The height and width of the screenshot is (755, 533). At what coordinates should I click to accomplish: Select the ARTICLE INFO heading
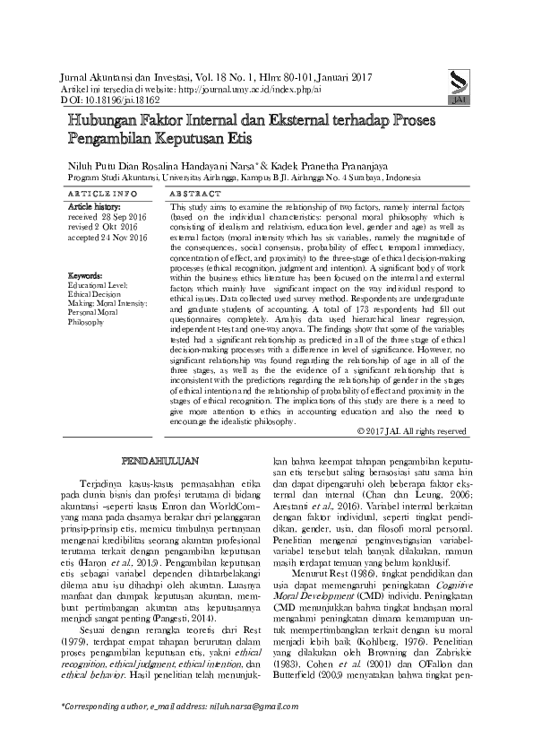click(x=103, y=194)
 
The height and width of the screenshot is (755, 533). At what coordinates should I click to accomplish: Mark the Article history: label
click(x=99, y=207)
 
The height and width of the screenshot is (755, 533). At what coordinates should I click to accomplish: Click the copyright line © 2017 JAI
click(x=410, y=430)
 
